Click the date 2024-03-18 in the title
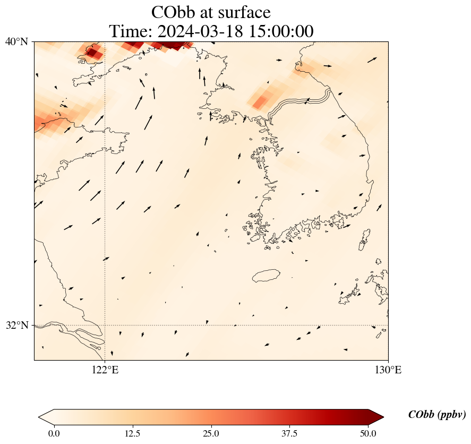(199, 31)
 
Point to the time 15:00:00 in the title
(279, 31)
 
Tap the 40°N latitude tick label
(17, 41)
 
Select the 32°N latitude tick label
(17, 325)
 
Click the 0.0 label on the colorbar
(54, 433)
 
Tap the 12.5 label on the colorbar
(132, 433)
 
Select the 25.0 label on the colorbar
(211, 433)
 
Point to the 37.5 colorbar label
(289, 433)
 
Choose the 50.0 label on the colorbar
(368, 433)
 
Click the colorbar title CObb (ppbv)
(436, 415)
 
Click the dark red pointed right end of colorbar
(372, 417)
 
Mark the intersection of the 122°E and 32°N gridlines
(105, 325)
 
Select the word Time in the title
(129, 31)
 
